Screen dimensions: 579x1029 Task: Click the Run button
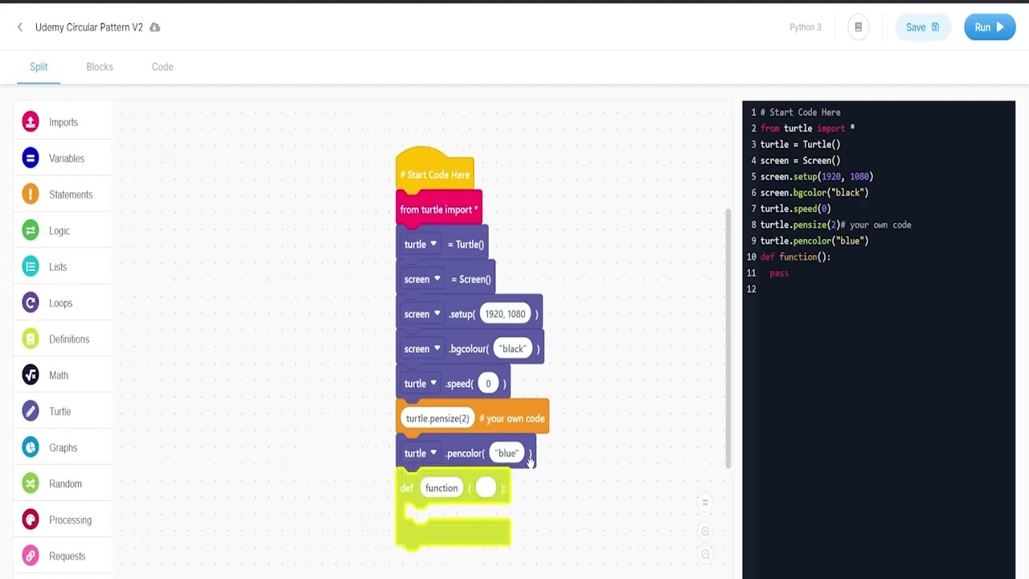pyautogui.click(x=989, y=27)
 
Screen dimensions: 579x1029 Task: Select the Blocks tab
pyautogui.click(x=100, y=67)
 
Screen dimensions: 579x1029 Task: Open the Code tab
pyautogui.click(x=162, y=67)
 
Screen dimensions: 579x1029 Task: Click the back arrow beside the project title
pyautogui.click(x=20, y=27)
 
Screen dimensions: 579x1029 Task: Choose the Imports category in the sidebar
pyautogui.click(x=63, y=122)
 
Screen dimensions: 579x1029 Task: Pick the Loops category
pyautogui.click(x=60, y=303)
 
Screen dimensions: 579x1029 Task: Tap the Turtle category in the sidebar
pyautogui.click(x=59, y=412)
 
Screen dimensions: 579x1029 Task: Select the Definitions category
pyautogui.click(x=68, y=339)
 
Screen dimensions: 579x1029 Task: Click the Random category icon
pyautogui.click(x=31, y=484)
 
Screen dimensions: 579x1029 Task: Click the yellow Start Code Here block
pyautogui.click(x=435, y=175)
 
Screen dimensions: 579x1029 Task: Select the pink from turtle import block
pyautogui.click(x=439, y=210)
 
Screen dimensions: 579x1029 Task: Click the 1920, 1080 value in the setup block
pyautogui.click(x=505, y=314)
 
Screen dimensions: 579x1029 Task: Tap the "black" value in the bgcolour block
pyautogui.click(x=513, y=349)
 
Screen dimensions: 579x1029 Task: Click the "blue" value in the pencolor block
pyautogui.click(x=506, y=454)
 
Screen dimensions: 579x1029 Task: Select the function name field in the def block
pyautogui.click(x=441, y=488)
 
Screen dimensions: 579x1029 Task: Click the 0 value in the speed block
pyautogui.click(x=488, y=384)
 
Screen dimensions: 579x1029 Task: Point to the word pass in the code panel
pyautogui.click(x=779, y=273)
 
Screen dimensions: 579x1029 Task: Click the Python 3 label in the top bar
pyautogui.click(x=805, y=27)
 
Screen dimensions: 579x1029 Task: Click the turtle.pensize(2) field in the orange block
pyautogui.click(x=437, y=418)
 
